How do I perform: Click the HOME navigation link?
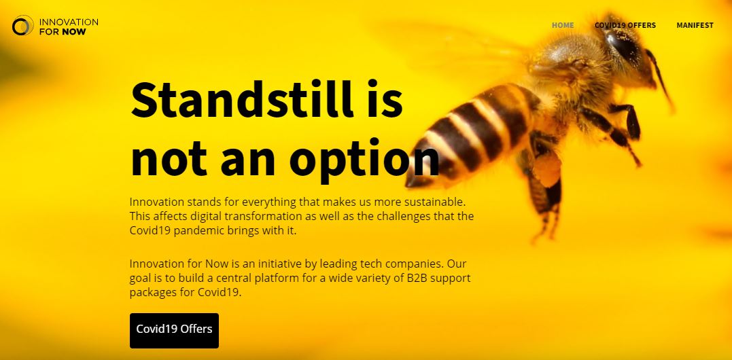[563, 25]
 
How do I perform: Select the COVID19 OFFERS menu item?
[625, 25]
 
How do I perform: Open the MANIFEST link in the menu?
[695, 25]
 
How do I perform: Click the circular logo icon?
[22, 26]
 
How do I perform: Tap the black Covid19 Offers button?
[174, 330]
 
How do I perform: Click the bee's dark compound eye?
[623, 44]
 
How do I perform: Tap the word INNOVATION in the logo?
[69, 22]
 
